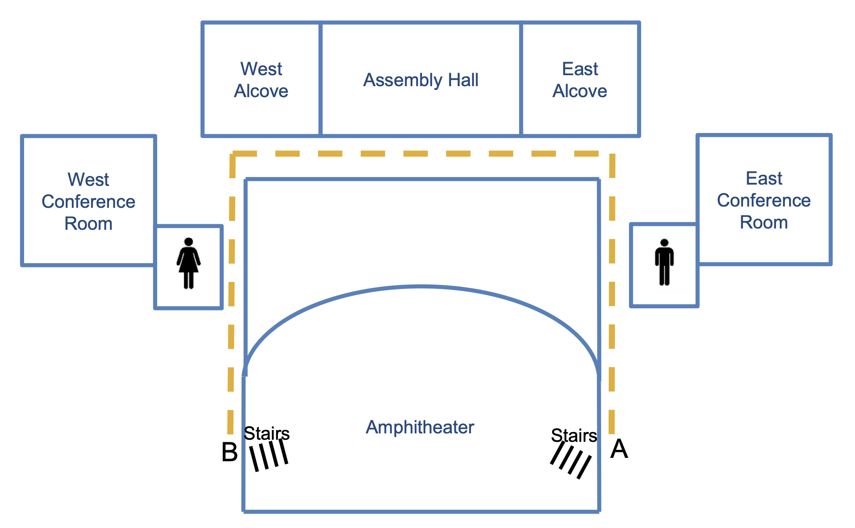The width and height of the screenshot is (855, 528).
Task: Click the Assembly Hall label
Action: coord(421,80)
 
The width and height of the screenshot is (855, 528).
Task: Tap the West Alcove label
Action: coord(261,80)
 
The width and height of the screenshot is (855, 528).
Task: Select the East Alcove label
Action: coord(580,80)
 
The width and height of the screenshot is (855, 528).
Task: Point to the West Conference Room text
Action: coord(88,201)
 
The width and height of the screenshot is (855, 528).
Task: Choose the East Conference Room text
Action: coord(764,200)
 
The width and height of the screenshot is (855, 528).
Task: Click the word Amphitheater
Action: coord(420,427)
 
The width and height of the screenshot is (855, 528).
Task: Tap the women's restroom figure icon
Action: coord(188,264)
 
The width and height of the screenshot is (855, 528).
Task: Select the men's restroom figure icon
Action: coord(664,262)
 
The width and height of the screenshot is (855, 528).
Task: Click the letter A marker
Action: coord(619,449)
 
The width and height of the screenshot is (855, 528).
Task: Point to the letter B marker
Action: coord(229,452)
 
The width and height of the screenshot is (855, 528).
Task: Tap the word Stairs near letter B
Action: coord(267,433)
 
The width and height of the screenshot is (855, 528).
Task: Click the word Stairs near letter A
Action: coord(574,435)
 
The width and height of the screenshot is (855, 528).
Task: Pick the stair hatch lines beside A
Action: coord(571,463)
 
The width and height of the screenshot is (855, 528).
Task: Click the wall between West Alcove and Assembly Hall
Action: coord(321,79)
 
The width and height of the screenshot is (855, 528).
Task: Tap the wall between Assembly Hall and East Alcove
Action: coord(521,79)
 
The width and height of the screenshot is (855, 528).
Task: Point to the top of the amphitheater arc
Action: coord(422,287)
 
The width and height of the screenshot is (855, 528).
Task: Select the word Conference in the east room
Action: coord(764,200)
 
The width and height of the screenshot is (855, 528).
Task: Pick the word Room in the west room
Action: coord(88,223)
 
